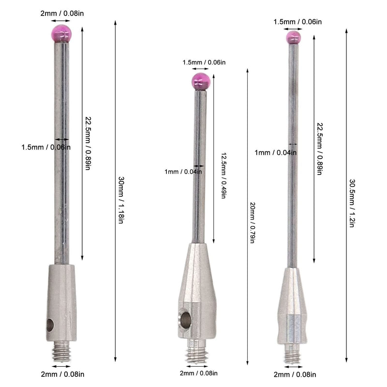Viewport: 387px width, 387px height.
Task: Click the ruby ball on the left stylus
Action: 61,33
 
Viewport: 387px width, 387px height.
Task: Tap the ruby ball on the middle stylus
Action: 201,81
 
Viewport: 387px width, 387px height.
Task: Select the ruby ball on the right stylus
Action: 294,38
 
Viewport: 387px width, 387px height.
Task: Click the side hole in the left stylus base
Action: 50,325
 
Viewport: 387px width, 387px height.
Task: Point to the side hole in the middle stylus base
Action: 185,320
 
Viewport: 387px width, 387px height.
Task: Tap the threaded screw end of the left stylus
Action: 61,350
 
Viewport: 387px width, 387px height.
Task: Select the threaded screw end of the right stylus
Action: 293,354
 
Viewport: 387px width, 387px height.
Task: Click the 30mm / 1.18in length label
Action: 120,200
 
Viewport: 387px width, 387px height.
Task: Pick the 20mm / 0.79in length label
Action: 252,223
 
